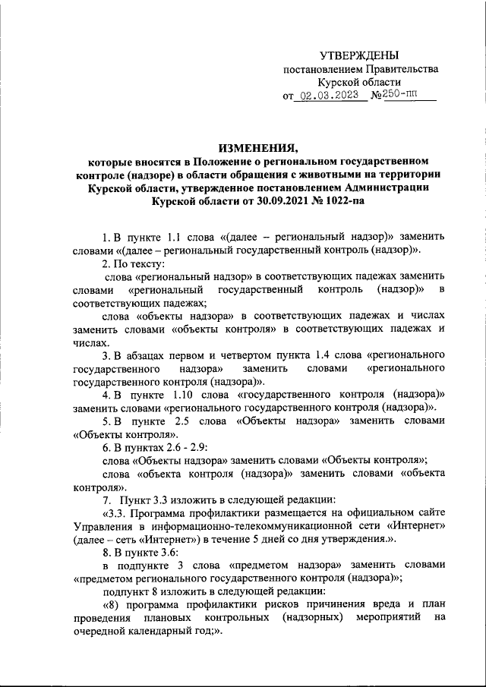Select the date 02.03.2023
click(333, 96)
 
